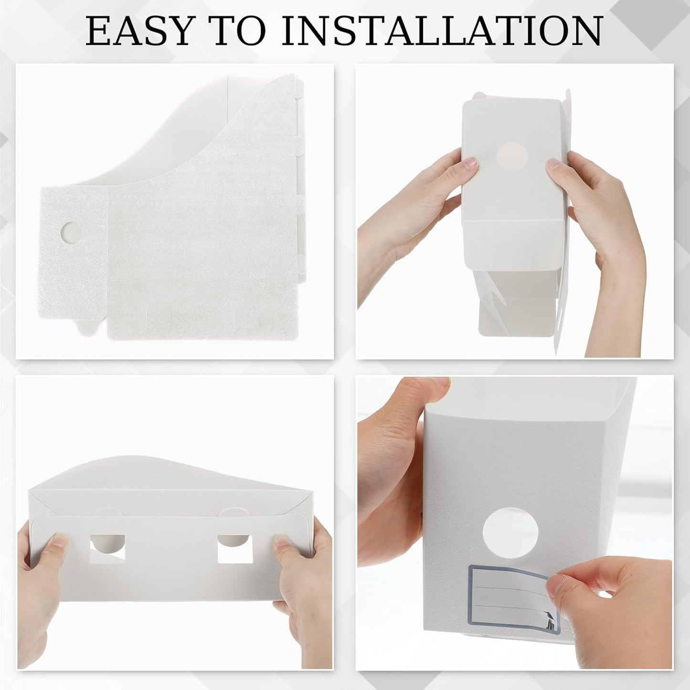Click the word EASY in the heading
tap(138, 31)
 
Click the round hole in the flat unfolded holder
tap(71, 232)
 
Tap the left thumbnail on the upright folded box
tap(470, 164)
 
